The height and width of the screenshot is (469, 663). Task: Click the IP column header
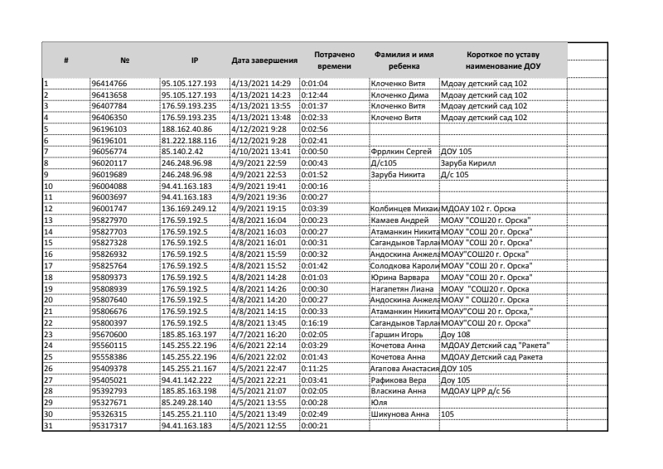tap(193, 60)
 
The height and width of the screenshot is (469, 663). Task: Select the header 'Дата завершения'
tap(264, 60)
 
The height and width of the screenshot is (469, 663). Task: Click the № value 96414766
tap(108, 84)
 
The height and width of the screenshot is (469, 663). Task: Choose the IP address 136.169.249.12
tap(190, 207)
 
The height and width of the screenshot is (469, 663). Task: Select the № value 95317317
tap(108, 425)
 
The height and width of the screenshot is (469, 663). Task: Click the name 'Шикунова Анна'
tap(400, 413)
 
